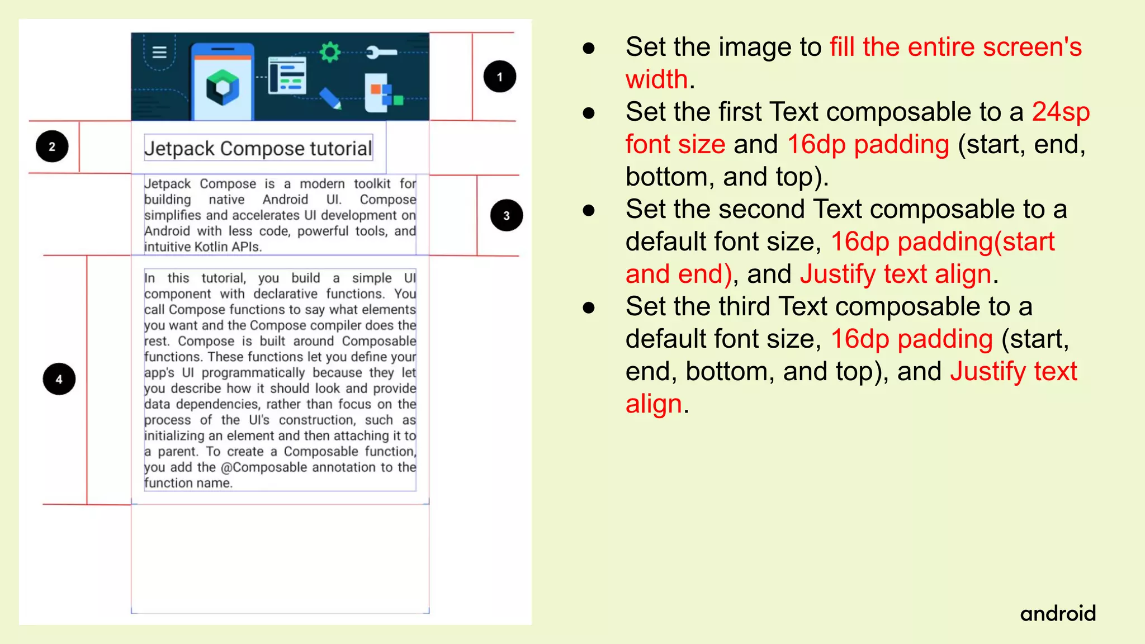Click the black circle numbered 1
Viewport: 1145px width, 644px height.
(499, 77)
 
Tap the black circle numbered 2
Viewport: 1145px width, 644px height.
(52, 146)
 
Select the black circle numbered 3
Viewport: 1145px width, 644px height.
(506, 215)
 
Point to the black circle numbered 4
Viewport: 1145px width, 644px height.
(59, 379)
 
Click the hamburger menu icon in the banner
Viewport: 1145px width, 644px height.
(159, 52)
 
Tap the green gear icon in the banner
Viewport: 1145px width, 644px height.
(330, 52)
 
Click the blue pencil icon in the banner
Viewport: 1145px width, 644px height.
(330, 98)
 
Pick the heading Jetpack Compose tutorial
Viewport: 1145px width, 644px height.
(258, 148)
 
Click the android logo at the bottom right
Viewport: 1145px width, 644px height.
(1058, 614)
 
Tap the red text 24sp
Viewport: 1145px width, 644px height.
(1060, 112)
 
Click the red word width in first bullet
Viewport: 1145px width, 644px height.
(656, 79)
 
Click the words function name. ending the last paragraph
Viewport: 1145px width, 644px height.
(188, 483)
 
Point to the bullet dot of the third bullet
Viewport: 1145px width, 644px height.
(588, 211)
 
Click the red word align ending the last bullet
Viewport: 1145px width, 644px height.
(654, 404)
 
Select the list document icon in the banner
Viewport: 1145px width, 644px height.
(287, 75)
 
